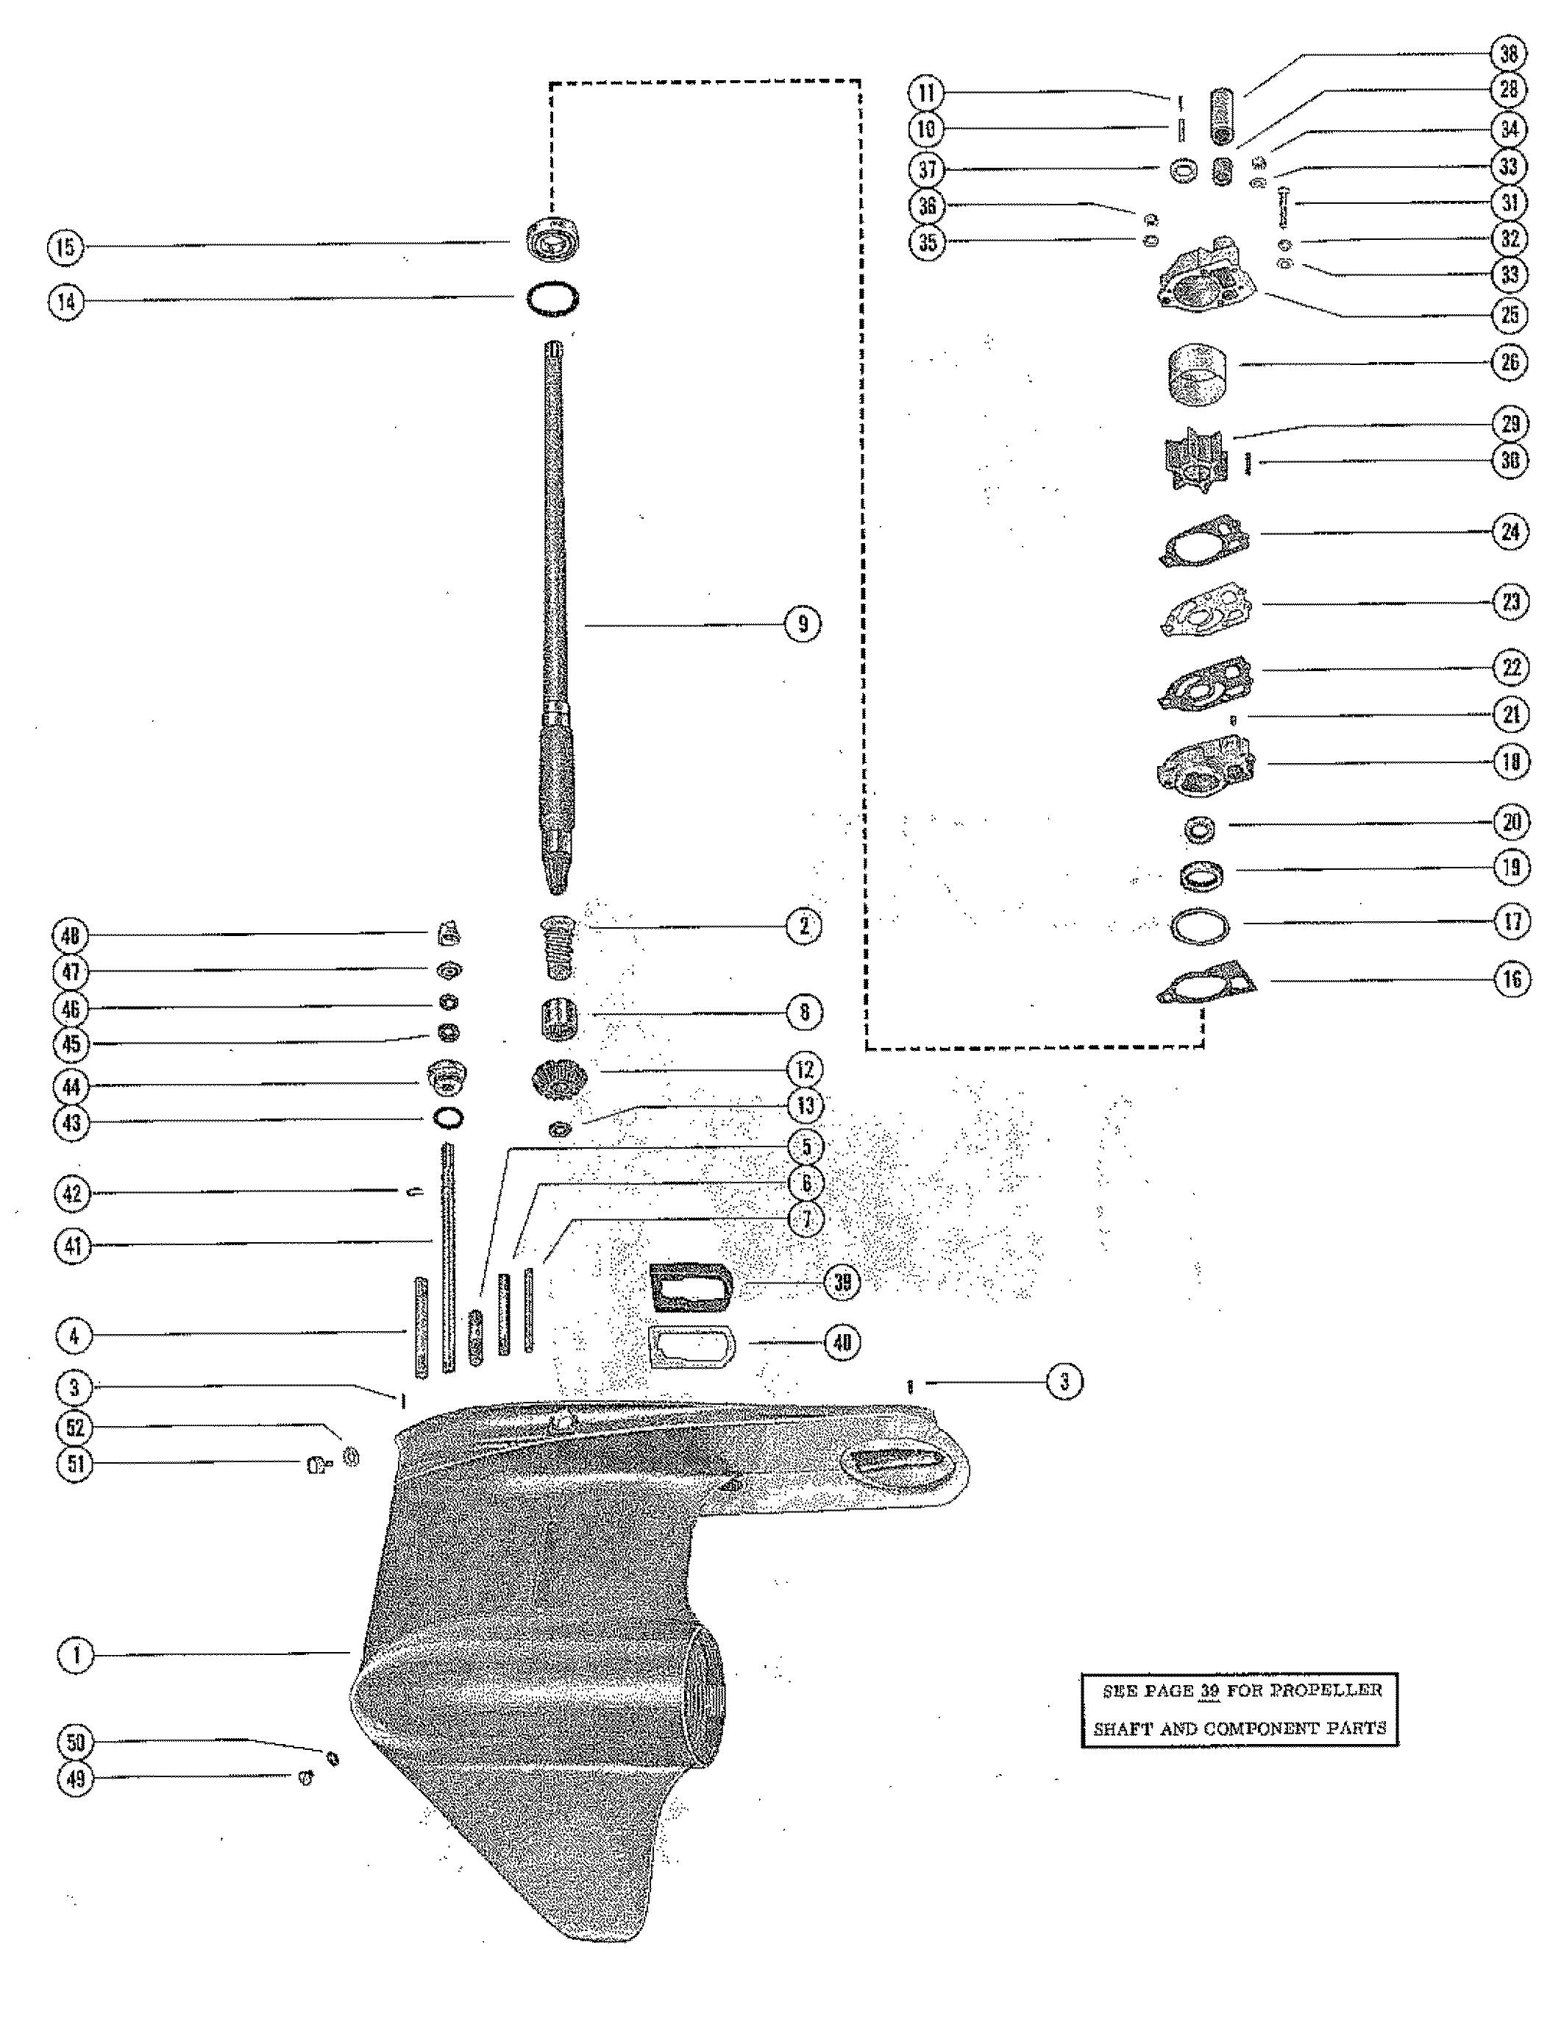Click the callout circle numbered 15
coord(65,248)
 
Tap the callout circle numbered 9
coord(802,624)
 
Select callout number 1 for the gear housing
coord(76,1655)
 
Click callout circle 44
coord(72,1086)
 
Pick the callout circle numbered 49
coord(76,1778)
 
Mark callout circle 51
coord(76,1464)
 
